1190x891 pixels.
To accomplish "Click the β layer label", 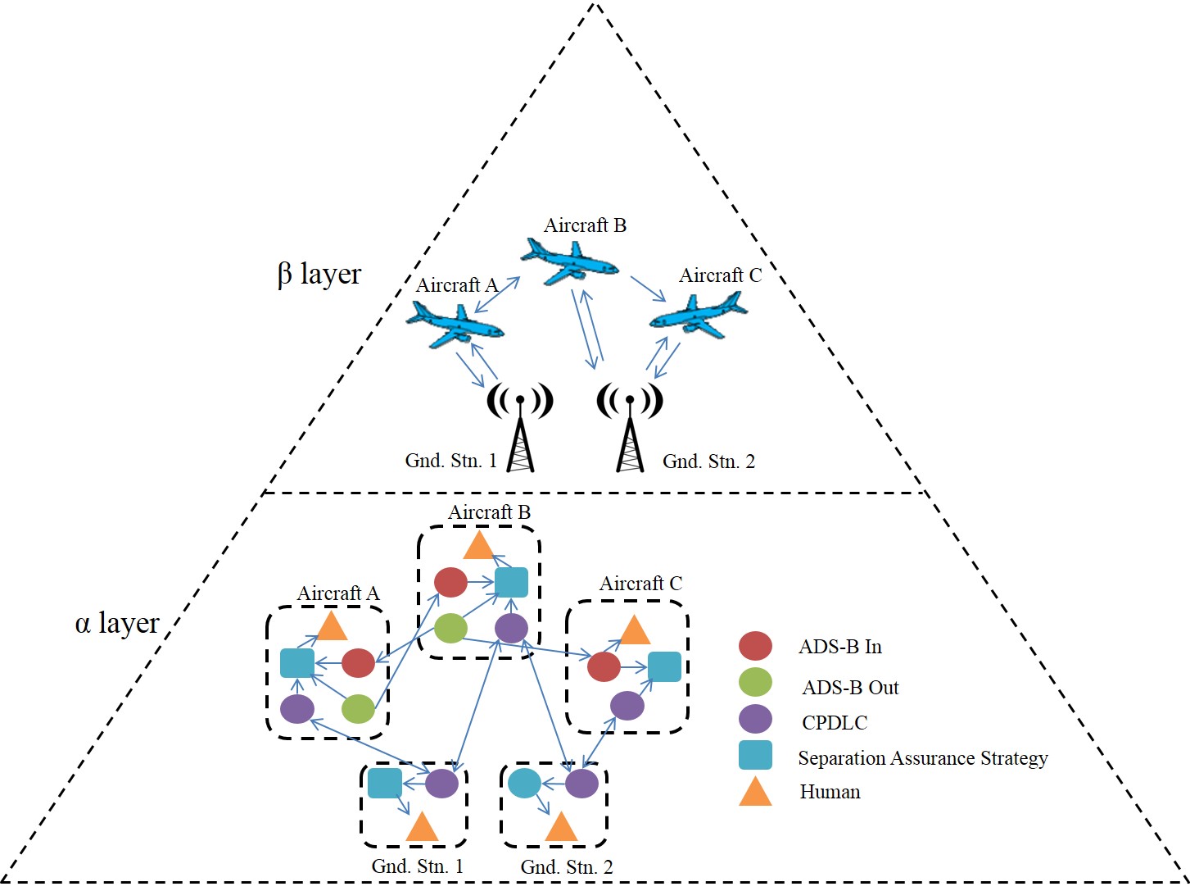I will (319, 274).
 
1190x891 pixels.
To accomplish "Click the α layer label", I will (116, 623).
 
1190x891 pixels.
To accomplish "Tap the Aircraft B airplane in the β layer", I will (570, 261).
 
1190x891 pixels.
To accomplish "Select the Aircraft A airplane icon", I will (455, 324).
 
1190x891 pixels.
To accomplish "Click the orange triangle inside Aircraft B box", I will (478, 545).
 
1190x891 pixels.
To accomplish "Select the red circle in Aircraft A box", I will (358, 662).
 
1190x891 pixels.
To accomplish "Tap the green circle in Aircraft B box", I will (450, 628).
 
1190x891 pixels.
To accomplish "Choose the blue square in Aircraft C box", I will (664, 667).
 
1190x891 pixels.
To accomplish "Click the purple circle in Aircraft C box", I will (627, 705).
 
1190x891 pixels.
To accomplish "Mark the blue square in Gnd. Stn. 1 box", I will (384, 783).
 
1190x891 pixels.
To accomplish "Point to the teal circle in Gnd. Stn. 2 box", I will (524, 784).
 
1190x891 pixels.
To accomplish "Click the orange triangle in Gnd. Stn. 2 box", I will (562, 828).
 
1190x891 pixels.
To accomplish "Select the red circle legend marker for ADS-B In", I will (755, 646).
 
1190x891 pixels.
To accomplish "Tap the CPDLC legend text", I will (835, 722).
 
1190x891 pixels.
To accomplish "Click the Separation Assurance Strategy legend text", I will (922, 758).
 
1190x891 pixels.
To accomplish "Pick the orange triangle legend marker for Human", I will (755, 792).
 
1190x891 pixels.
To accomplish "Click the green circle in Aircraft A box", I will (358, 708).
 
